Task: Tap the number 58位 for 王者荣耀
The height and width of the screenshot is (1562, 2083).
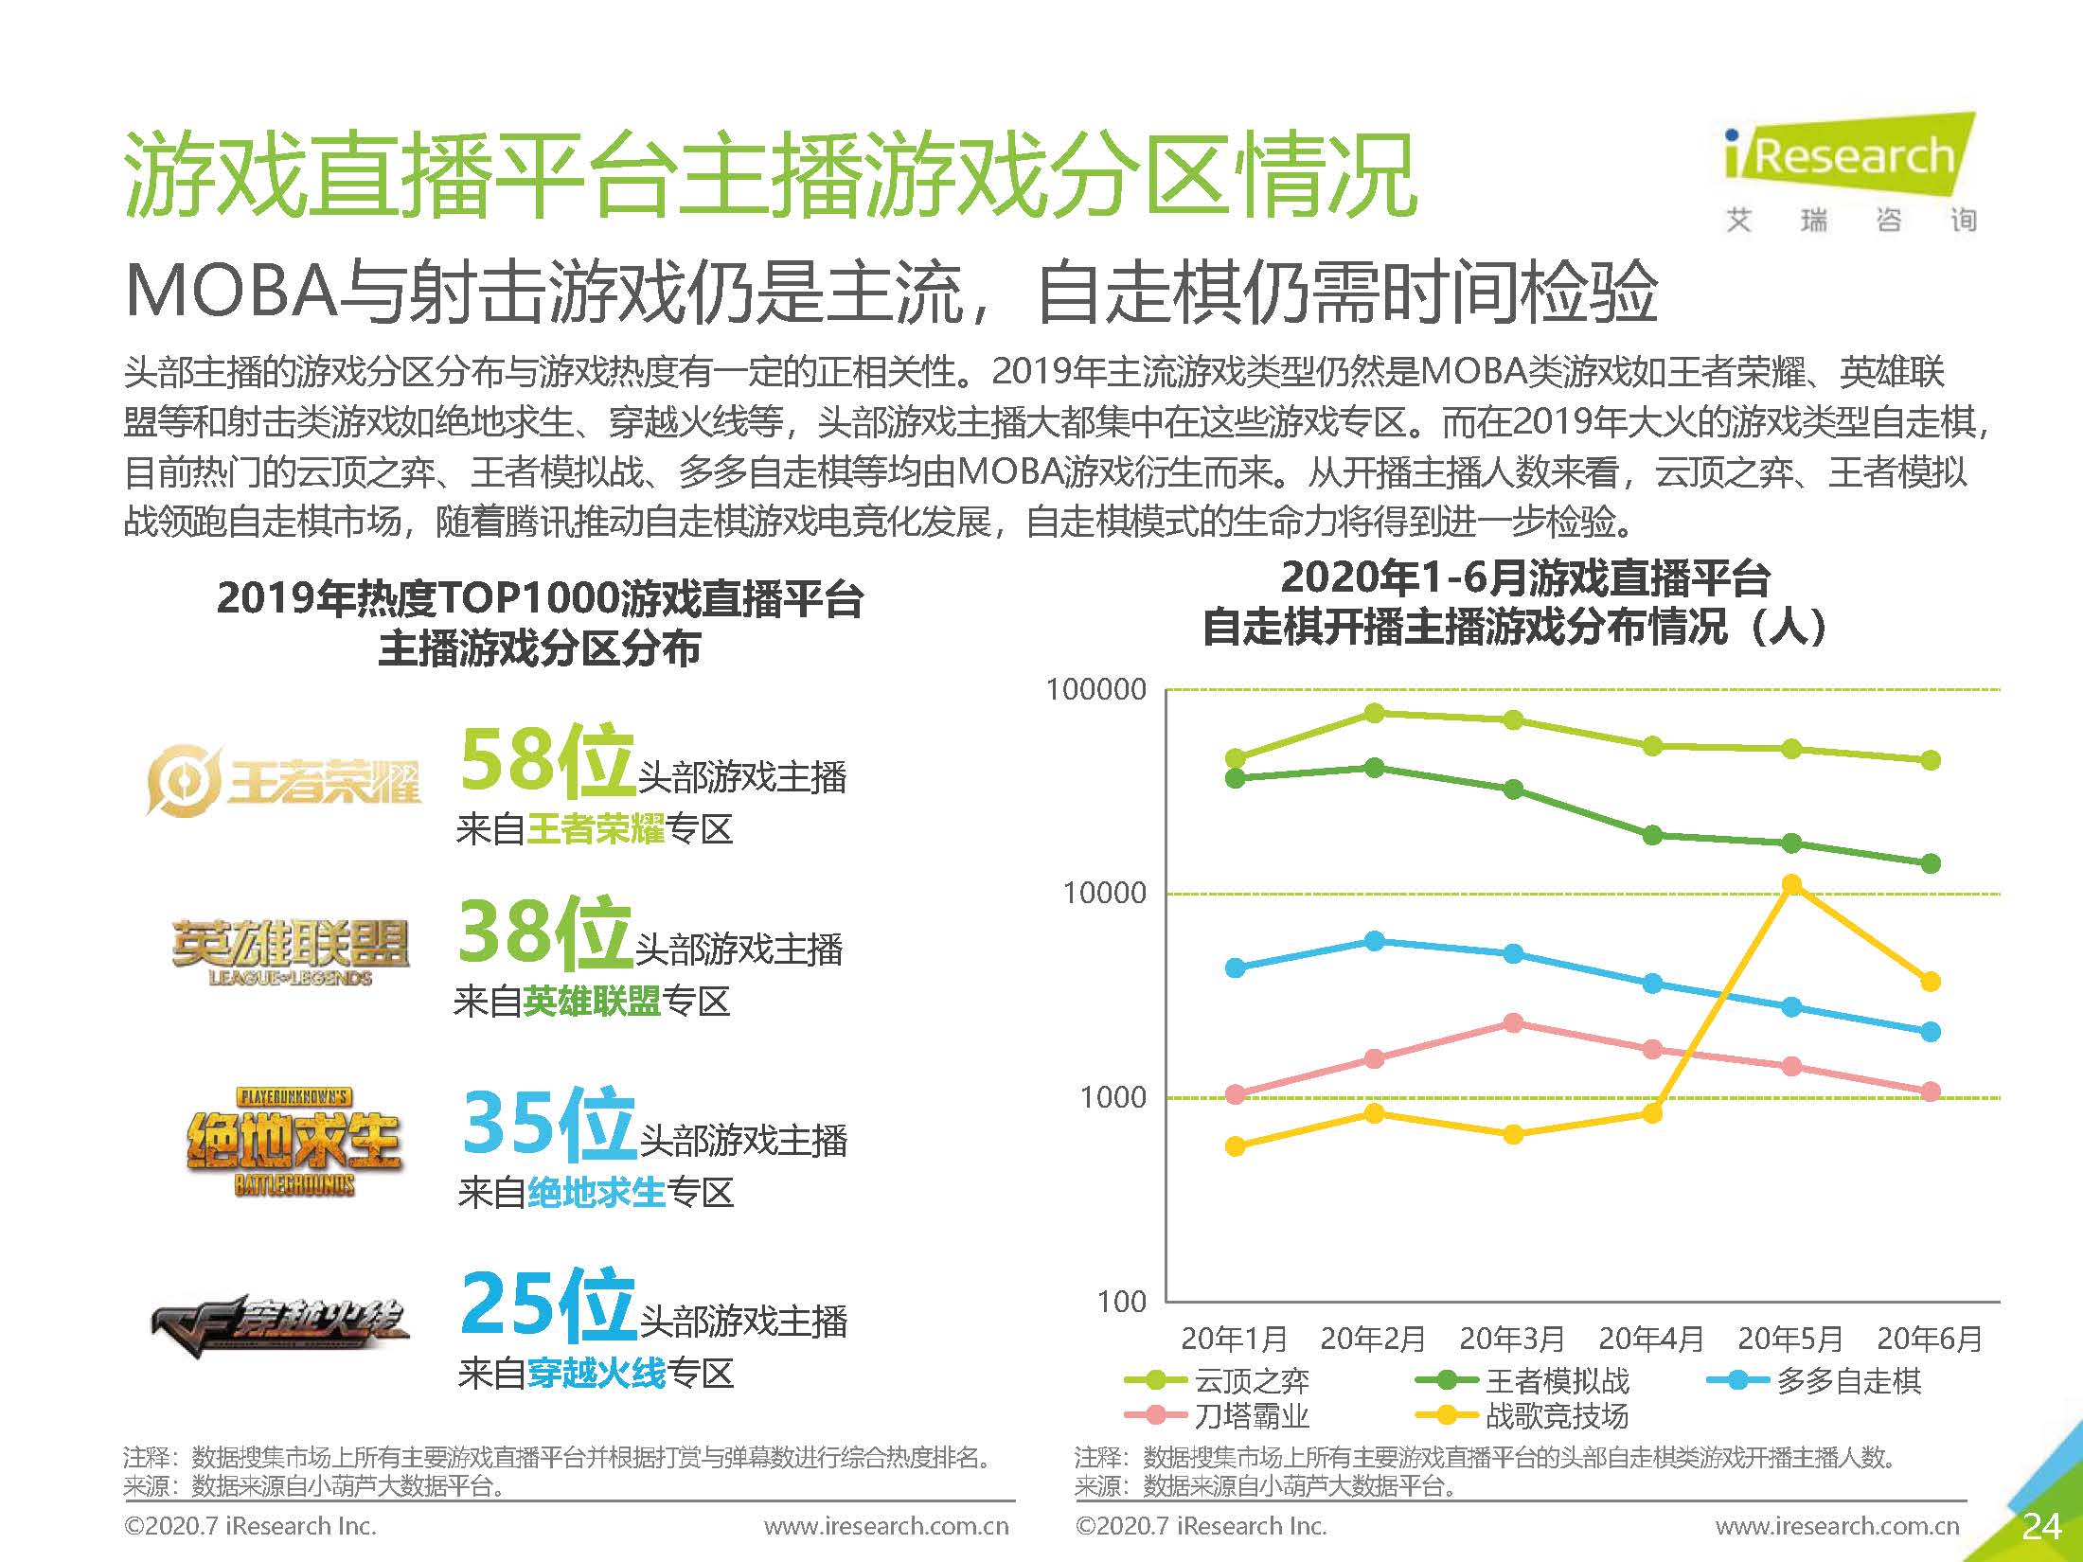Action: pos(546,760)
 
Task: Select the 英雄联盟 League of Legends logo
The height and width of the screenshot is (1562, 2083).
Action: pos(290,951)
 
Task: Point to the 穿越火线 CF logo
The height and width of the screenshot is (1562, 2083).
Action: pos(280,1323)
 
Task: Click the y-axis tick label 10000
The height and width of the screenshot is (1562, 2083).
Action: pos(1104,893)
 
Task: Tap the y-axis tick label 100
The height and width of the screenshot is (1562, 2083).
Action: pos(1122,1302)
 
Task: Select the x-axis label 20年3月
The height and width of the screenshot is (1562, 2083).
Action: pos(1512,1339)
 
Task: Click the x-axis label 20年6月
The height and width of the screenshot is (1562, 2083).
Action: pos(1929,1339)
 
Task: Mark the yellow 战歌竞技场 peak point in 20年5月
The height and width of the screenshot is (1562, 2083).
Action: pos(1791,884)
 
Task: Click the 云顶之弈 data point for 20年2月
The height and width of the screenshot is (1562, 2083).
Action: pos(1375,713)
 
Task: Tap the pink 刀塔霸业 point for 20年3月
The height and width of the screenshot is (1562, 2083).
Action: pos(1513,1023)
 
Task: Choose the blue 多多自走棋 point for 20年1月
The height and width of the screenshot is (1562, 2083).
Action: pos(1236,967)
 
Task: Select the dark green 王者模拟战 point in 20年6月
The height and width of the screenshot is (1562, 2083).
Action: pos(1931,863)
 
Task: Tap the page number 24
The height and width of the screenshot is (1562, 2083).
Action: pos(2040,1527)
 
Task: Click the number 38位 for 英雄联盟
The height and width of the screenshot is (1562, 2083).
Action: pos(544,932)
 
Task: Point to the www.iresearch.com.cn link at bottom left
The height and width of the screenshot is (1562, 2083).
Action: pos(886,1527)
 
